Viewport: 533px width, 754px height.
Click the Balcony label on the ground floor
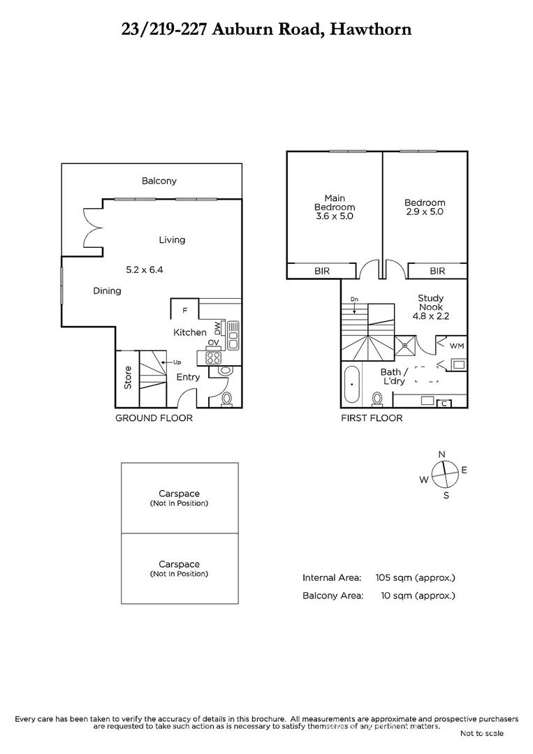tap(159, 181)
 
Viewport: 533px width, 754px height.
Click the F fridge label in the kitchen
tap(184, 309)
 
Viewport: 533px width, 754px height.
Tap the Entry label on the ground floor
tap(188, 377)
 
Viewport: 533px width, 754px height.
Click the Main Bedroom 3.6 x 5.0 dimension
tap(335, 216)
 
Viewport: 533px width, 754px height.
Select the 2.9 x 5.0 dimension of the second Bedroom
tap(425, 212)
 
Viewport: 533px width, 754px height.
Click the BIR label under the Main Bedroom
tap(322, 271)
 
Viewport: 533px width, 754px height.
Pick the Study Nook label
tap(431, 302)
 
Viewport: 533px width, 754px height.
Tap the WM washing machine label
tap(456, 346)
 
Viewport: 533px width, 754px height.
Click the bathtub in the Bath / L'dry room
tap(352, 386)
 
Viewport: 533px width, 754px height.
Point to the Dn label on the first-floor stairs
tap(355, 300)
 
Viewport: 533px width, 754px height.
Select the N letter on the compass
tap(441, 454)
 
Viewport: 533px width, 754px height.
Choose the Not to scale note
tap(481, 733)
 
